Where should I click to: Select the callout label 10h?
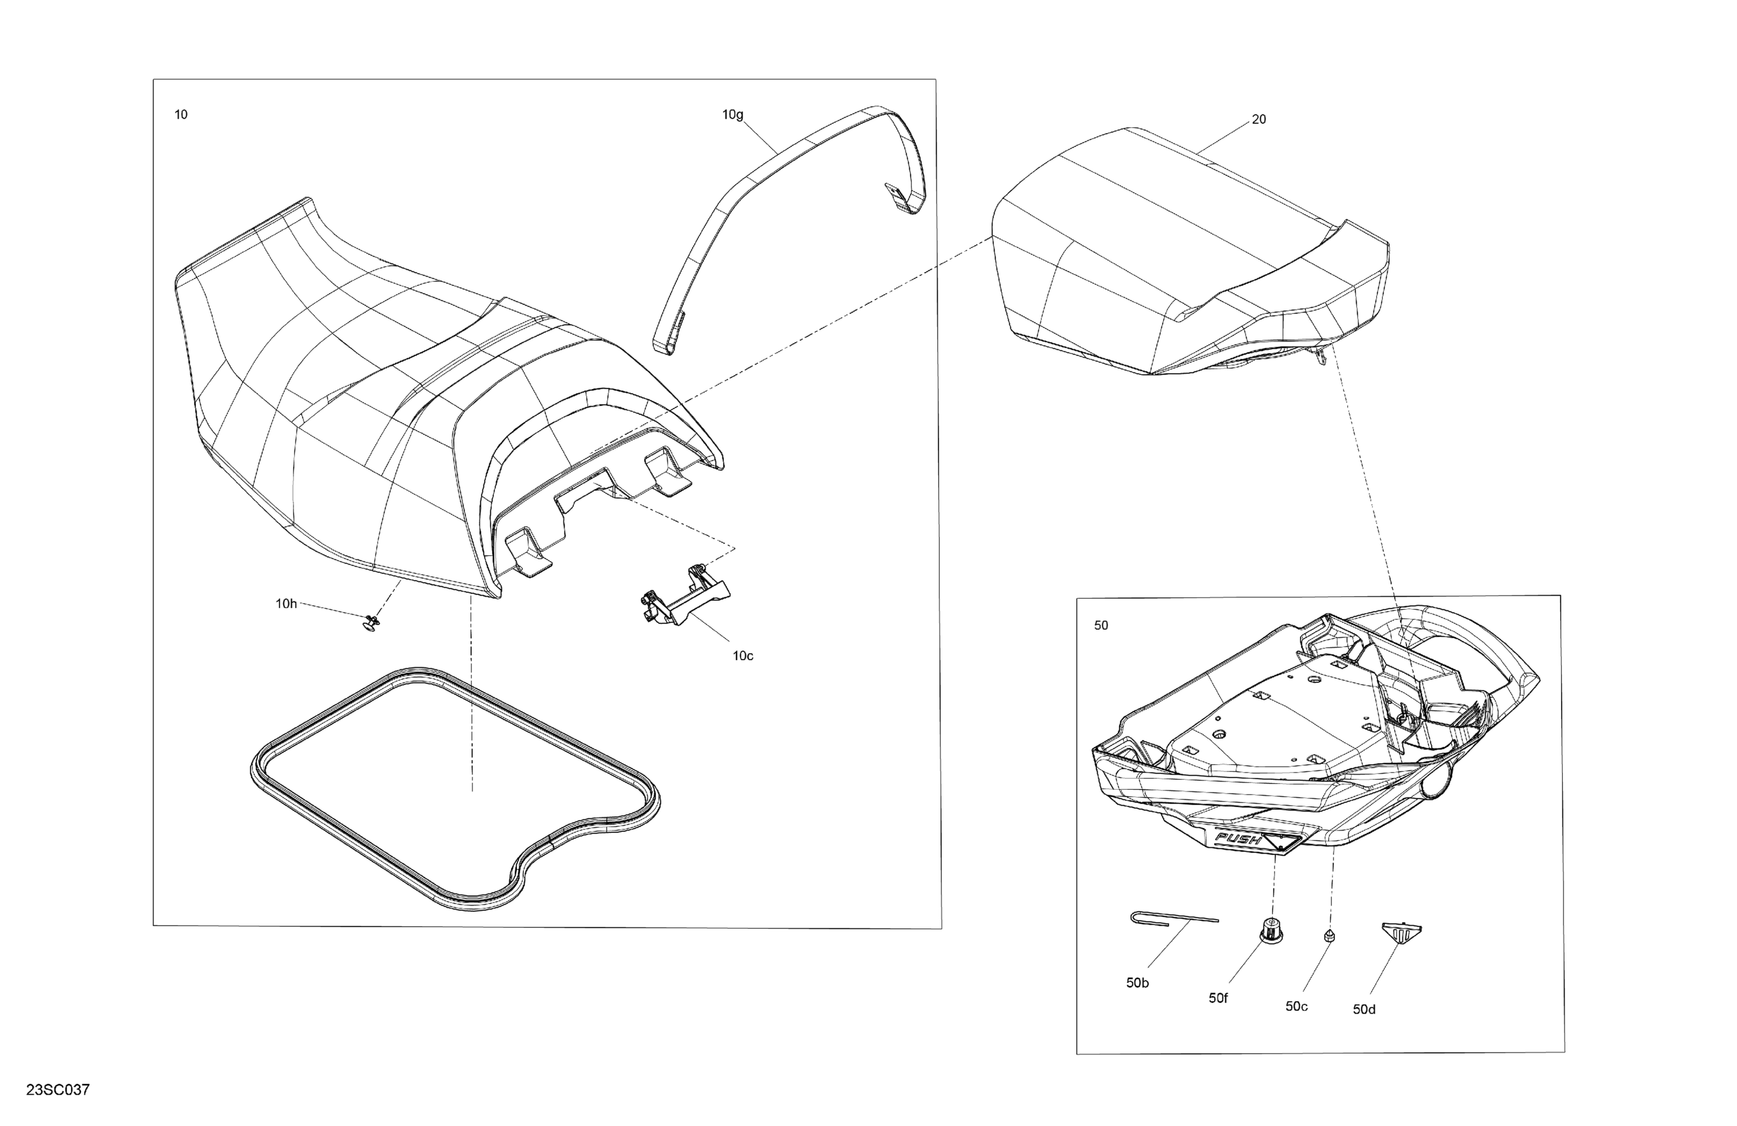(286, 603)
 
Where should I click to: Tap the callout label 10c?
(743, 656)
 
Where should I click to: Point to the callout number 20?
(1259, 120)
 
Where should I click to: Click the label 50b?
(1137, 983)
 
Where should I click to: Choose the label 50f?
(1218, 998)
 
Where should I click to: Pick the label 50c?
(1296, 1006)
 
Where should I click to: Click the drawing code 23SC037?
(58, 1090)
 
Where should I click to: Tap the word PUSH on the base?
(1238, 839)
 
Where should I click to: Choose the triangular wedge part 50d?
(1402, 931)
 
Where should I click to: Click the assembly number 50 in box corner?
(1101, 625)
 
